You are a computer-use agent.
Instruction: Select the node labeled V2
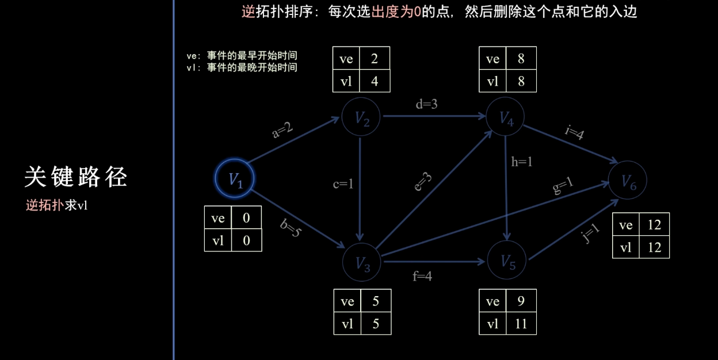361,117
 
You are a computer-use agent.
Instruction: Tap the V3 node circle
361,262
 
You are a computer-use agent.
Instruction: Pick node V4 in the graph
505,117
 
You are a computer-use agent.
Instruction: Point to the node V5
506,261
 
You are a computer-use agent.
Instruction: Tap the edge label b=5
291,228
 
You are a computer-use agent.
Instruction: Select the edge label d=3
426,104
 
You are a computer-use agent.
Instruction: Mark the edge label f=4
422,276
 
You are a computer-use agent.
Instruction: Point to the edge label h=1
522,162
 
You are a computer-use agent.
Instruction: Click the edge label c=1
343,184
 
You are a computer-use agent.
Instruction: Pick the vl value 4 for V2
375,81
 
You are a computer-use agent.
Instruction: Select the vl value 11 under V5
521,324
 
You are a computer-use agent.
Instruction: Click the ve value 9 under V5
521,301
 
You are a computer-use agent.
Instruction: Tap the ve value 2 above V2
375,59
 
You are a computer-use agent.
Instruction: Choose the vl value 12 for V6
654,247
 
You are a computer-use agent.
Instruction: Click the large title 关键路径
75,178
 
